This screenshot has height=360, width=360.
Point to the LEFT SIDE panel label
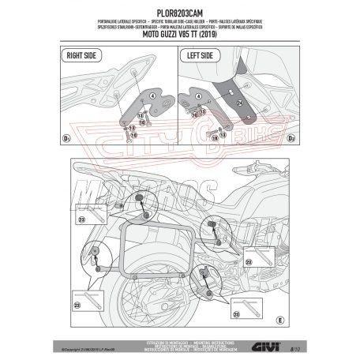pos(201,56)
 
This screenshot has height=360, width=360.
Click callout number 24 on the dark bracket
pos(238,103)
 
